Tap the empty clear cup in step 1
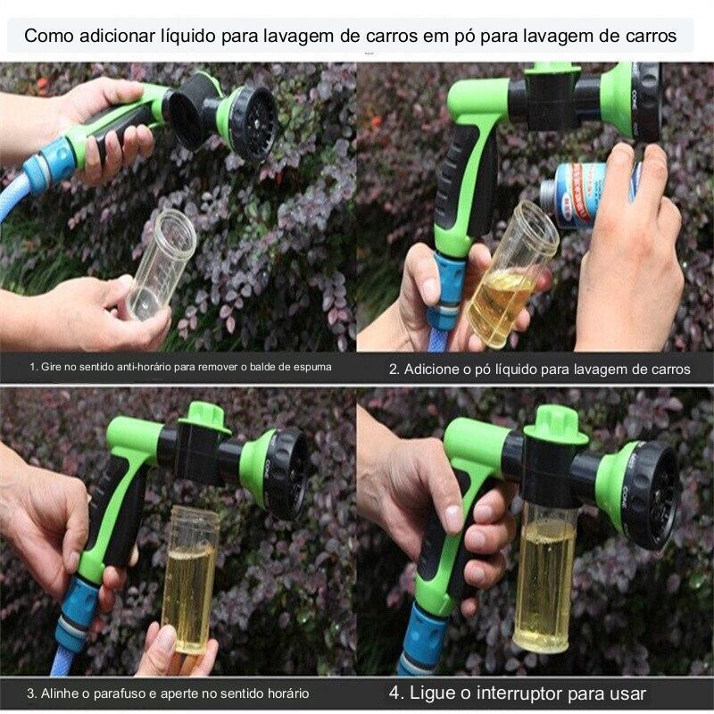click(x=161, y=265)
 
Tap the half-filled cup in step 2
click(x=511, y=277)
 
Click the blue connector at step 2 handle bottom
click(x=446, y=290)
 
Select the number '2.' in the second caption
click(x=394, y=369)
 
